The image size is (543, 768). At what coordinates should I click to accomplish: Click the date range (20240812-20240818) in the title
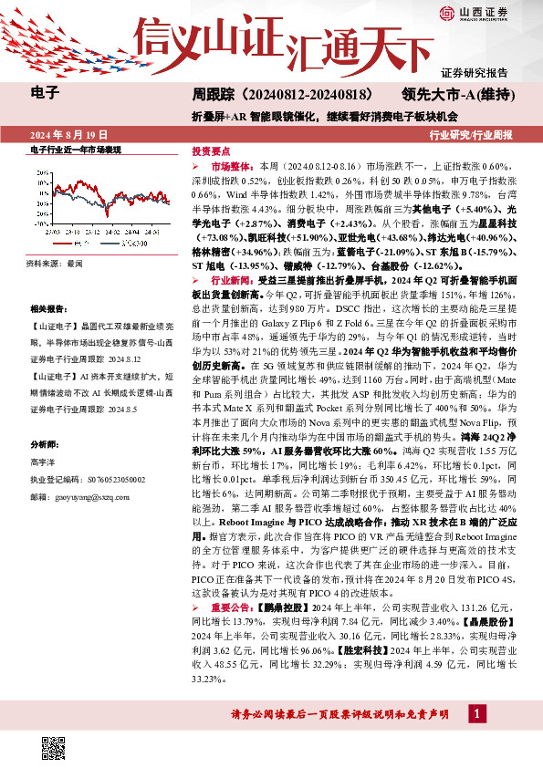pos(293,94)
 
